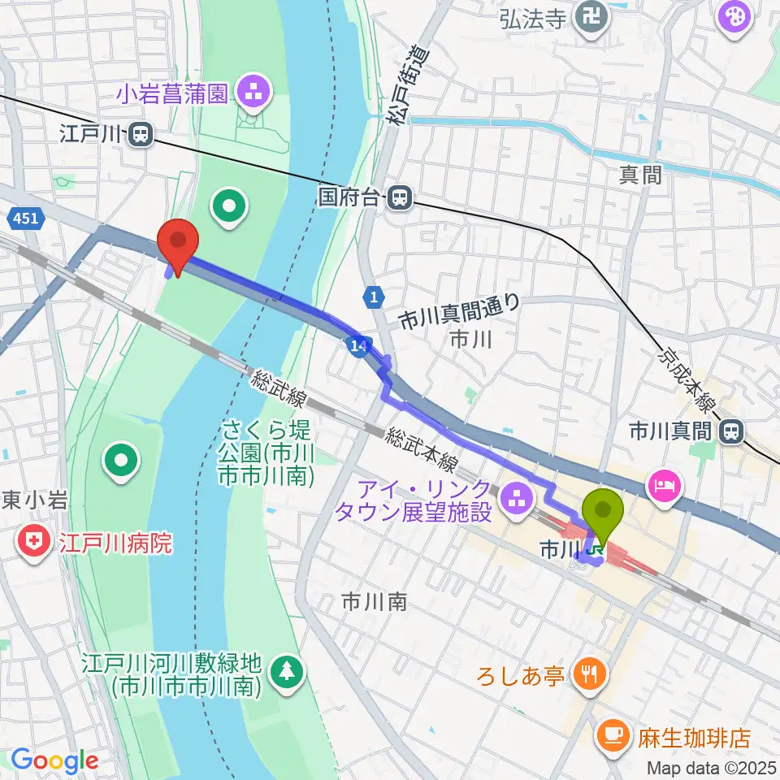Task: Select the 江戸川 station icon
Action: click(141, 134)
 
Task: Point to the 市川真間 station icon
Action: click(732, 431)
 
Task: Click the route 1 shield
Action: click(373, 298)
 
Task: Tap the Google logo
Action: click(54, 760)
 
